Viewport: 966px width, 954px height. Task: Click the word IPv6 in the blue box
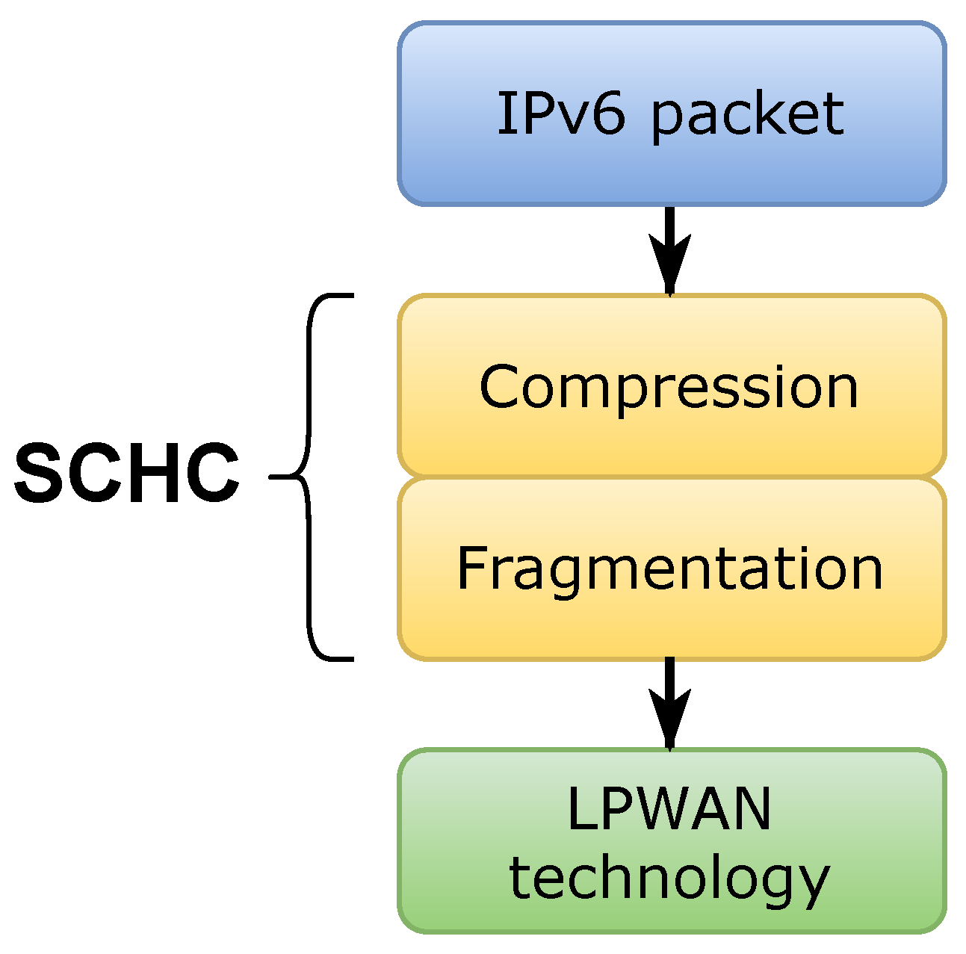coord(560,114)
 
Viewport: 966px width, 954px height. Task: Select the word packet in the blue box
coord(748,116)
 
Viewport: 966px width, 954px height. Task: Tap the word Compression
coord(669,387)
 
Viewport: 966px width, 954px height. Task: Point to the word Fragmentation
coord(669,569)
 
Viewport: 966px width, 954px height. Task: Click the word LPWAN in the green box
coord(669,808)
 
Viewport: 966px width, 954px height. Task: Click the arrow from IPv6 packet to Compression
coord(669,250)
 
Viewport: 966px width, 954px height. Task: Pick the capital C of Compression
coord(501,387)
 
